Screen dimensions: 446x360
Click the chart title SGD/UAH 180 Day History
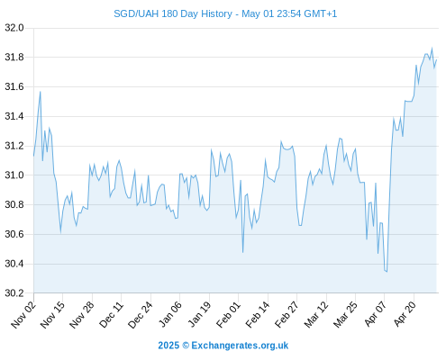click(173, 13)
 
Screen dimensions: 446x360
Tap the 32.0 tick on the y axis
click(14, 28)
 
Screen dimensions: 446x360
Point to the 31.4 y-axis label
click(14, 116)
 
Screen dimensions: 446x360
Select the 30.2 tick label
click(14, 293)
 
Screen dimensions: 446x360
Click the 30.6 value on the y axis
click(14, 234)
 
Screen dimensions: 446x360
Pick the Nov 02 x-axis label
click(23, 315)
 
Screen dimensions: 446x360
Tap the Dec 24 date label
click(141, 315)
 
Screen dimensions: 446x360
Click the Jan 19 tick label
click(199, 315)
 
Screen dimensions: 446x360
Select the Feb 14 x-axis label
click(258, 315)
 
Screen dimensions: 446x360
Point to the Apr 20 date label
click(405, 315)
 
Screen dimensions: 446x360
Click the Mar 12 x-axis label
click(316, 315)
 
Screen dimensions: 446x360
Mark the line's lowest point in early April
click(387, 272)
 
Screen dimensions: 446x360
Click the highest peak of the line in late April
click(432, 48)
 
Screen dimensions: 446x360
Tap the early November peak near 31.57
click(41, 92)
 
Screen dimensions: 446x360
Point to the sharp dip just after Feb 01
click(242, 252)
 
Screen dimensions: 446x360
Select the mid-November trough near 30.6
click(60, 232)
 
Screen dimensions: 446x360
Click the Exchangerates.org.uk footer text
click(240, 346)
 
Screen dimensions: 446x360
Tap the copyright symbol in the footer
click(186, 346)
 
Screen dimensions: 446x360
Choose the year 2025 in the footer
click(168, 346)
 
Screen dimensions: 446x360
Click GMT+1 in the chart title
click(321, 13)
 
